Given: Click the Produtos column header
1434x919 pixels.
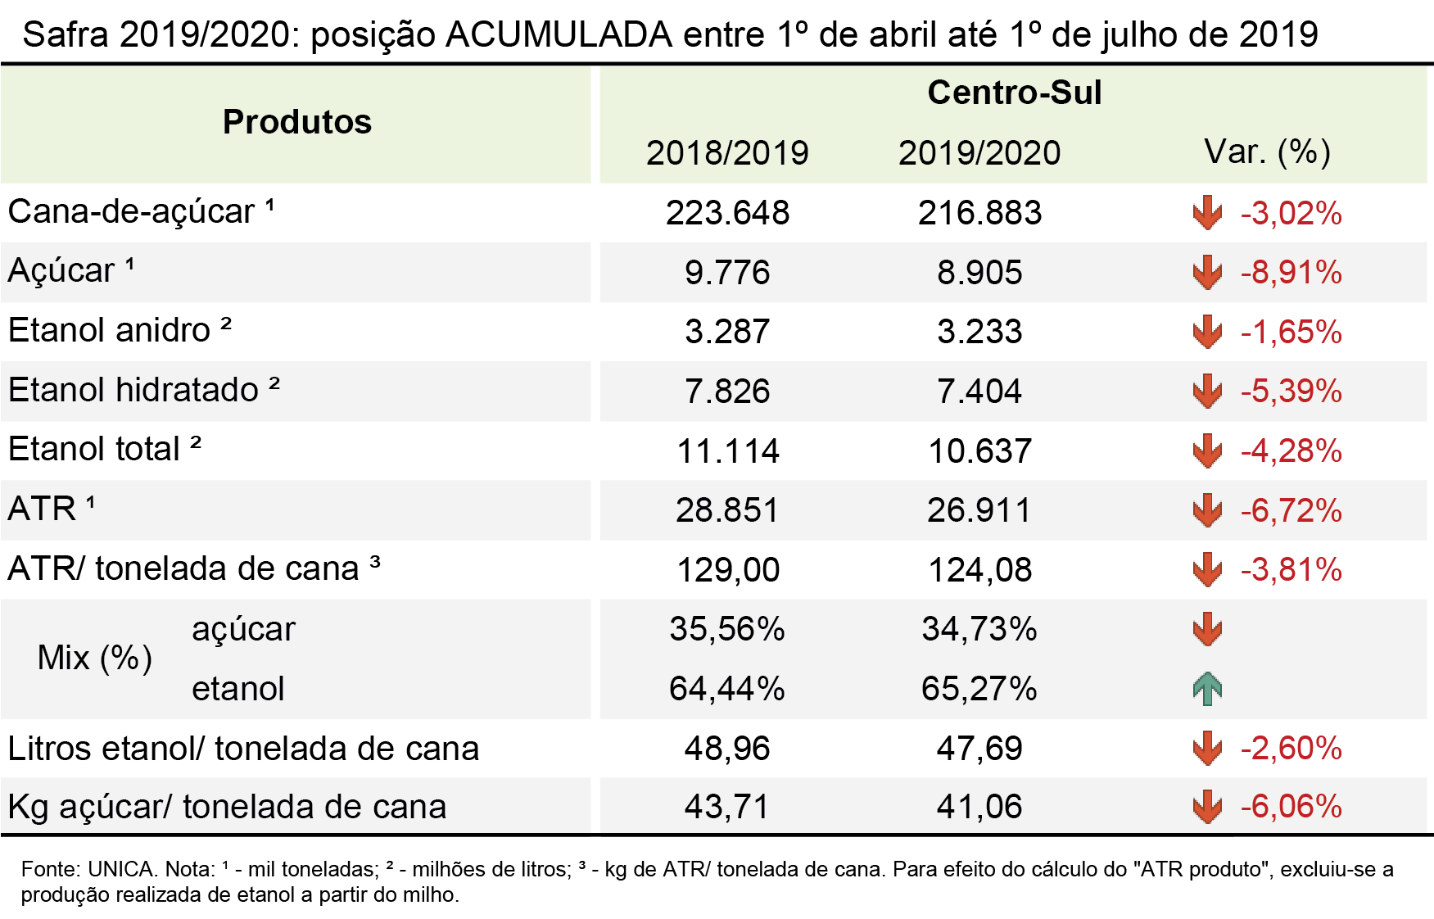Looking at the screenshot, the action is (x=297, y=122).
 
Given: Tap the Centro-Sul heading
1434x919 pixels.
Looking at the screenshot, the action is (x=1015, y=93).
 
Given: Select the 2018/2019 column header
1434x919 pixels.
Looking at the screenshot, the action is (x=727, y=153).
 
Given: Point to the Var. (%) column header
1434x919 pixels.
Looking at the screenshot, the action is (x=1267, y=152).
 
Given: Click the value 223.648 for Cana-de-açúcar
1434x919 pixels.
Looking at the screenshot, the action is (x=727, y=213).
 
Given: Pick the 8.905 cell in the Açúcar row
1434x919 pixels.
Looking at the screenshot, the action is (x=979, y=273).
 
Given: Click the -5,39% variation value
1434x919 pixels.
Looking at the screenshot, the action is (x=1291, y=392).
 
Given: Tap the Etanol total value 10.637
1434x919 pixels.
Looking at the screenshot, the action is (x=979, y=451).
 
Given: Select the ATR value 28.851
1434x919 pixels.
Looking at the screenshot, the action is (x=727, y=510).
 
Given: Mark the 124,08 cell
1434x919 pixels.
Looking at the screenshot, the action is (x=979, y=570).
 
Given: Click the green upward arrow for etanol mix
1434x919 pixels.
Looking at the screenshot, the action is (x=1207, y=688).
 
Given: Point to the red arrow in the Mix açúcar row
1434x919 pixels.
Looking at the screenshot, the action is (x=1207, y=629).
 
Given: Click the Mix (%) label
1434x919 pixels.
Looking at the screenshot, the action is (x=95, y=658).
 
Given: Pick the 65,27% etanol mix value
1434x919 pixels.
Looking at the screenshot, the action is (x=979, y=689).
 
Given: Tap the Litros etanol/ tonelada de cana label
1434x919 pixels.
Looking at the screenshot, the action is (x=243, y=749).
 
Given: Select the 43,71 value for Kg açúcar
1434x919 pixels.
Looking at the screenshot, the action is (x=727, y=807).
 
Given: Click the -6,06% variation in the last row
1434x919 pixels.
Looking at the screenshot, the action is (x=1291, y=807).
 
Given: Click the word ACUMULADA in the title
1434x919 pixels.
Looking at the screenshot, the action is (x=559, y=35).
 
